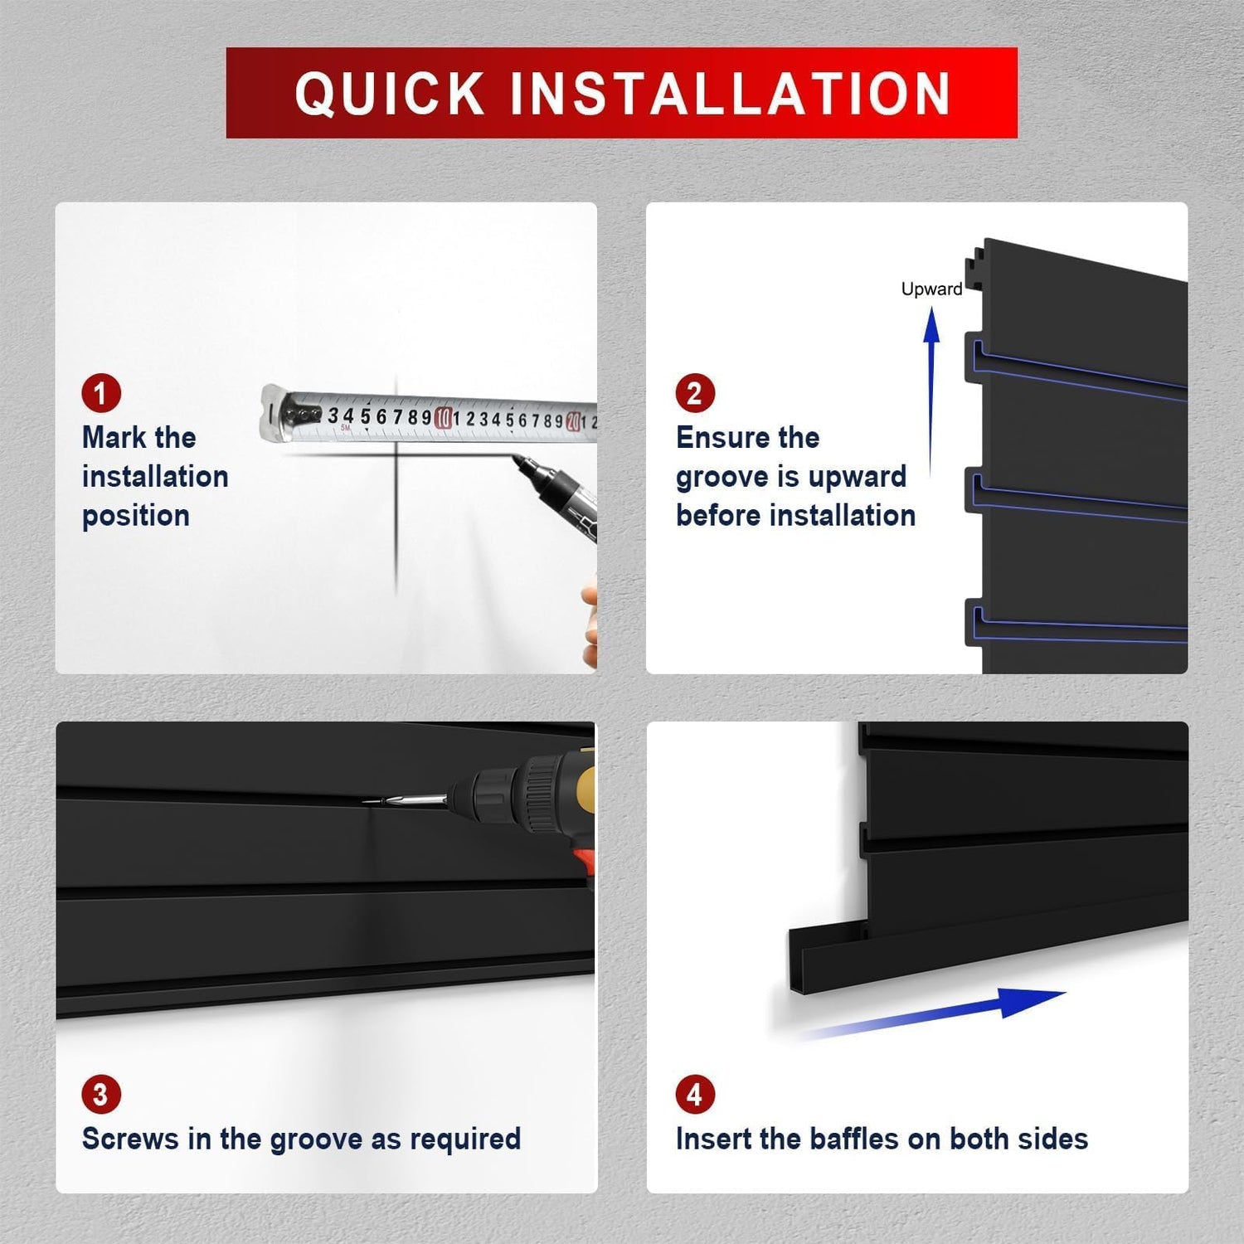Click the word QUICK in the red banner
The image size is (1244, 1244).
point(390,93)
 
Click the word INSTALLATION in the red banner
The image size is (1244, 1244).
point(731,93)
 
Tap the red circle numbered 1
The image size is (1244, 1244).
point(101,393)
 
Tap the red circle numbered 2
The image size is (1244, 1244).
point(695,393)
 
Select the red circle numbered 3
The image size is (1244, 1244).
point(101,1095)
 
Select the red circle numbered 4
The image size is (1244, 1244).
point(695,1095)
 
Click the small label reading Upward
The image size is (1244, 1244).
point(931,289)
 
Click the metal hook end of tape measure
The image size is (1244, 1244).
point(274,412)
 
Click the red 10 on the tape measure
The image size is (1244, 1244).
point(444,417)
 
